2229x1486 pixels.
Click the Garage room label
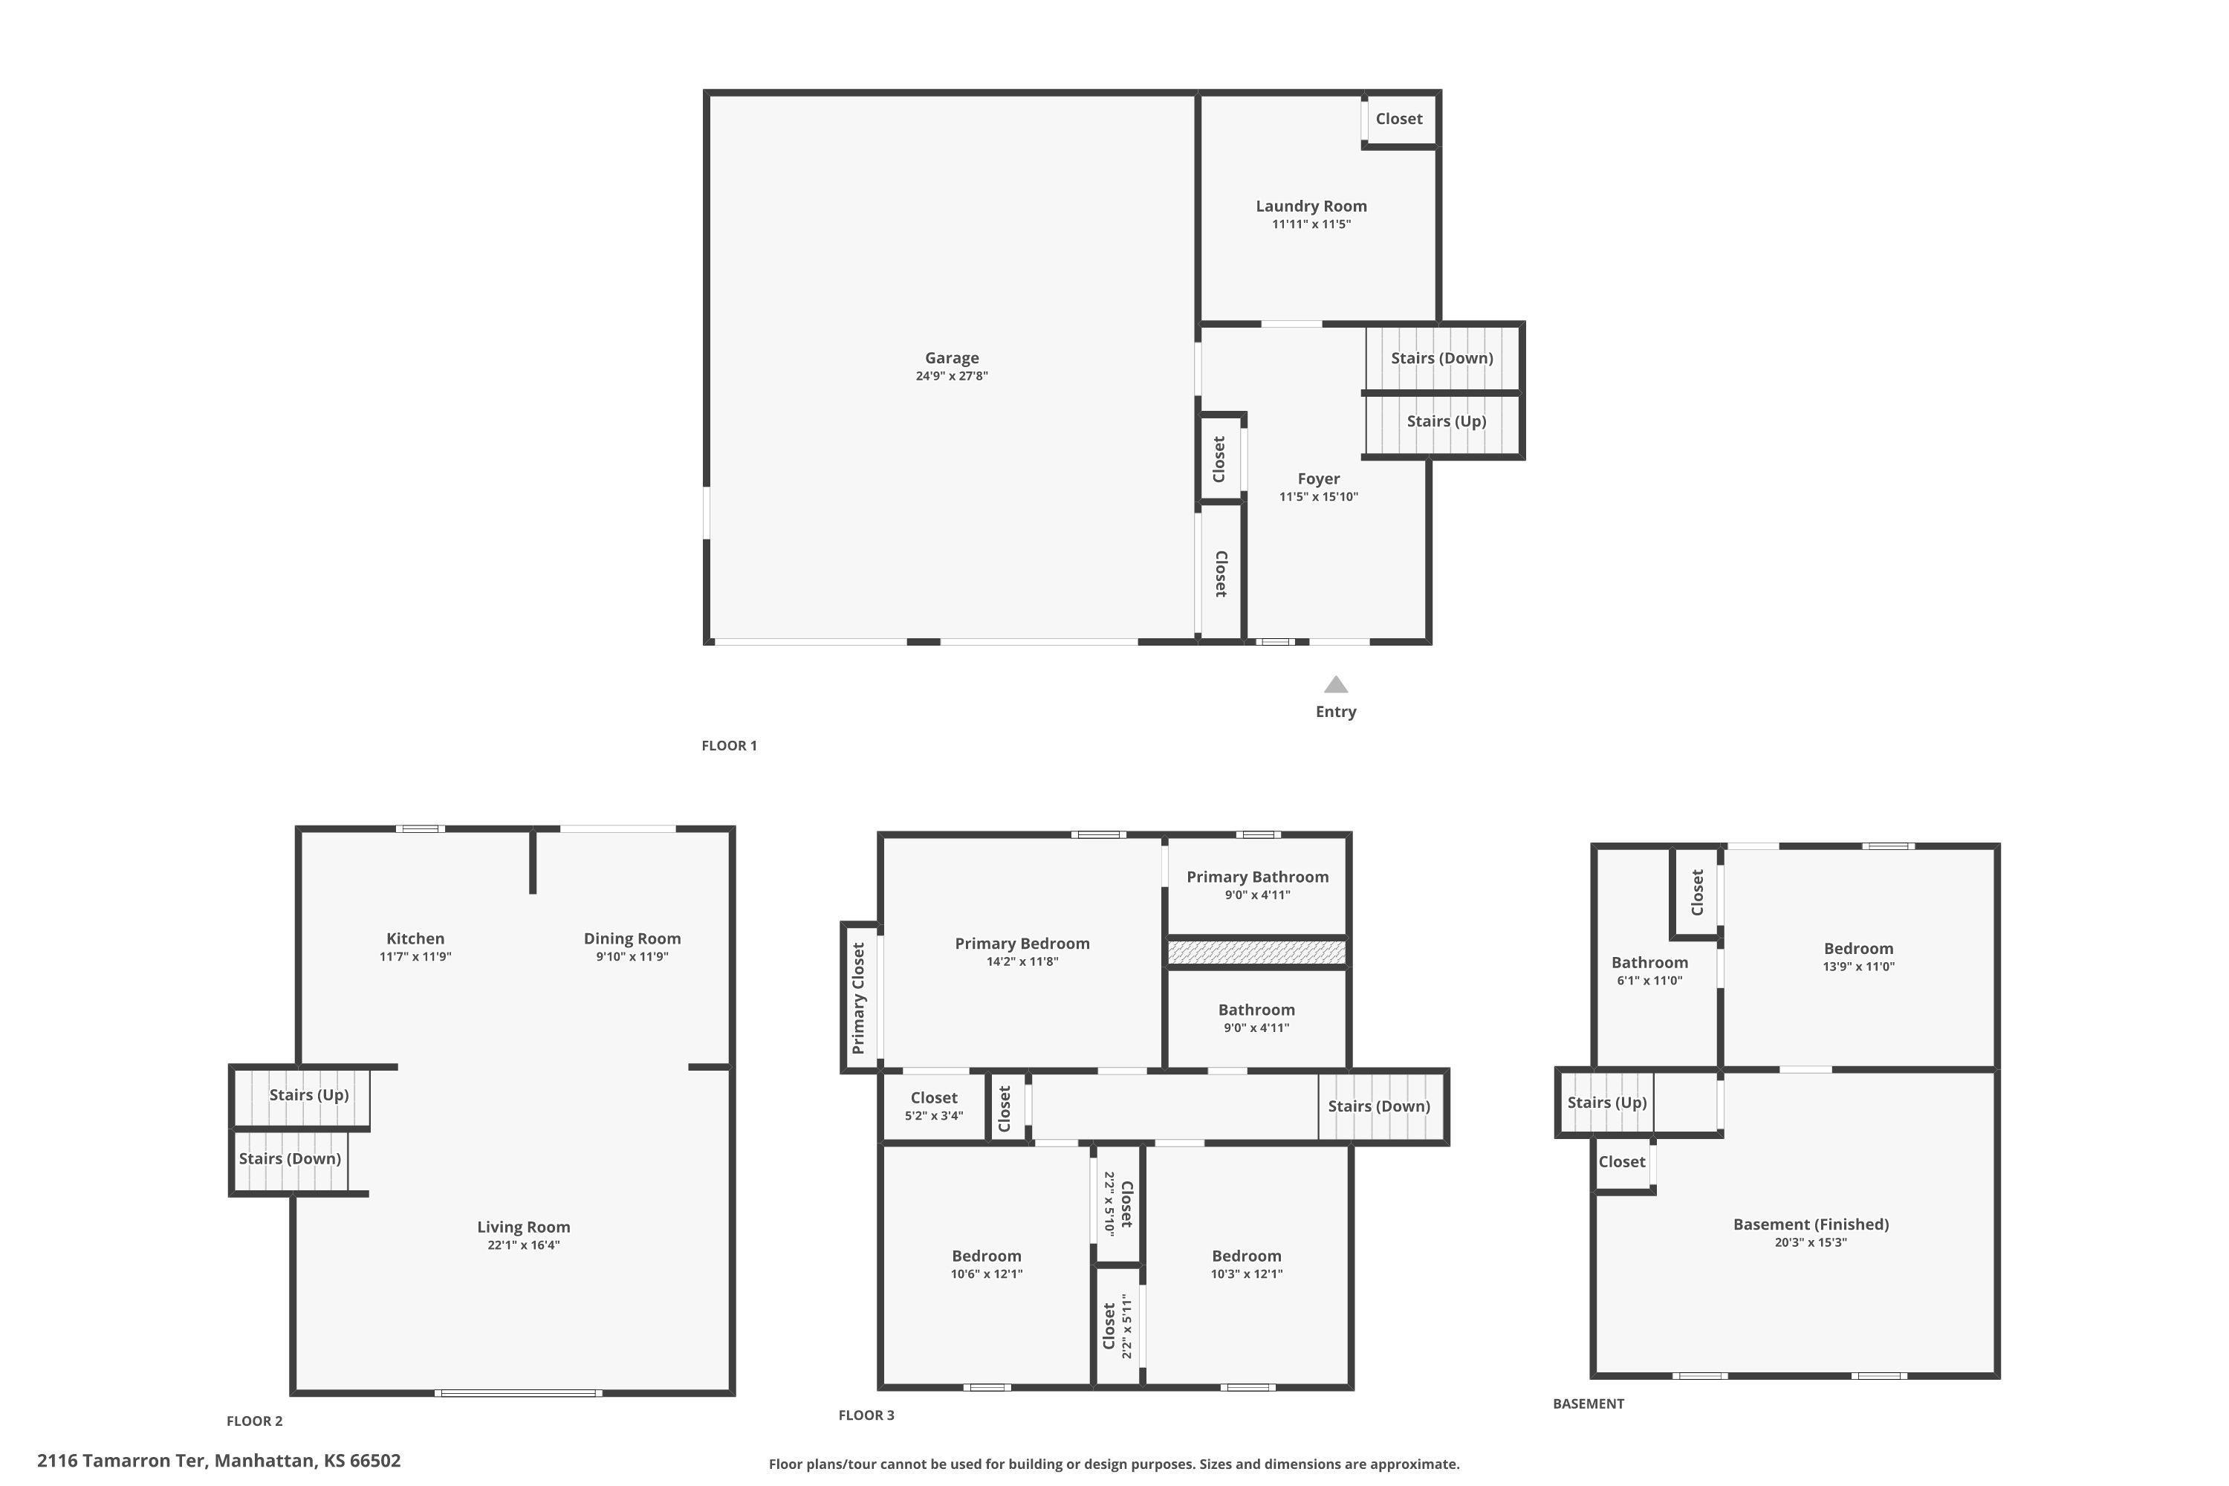952,358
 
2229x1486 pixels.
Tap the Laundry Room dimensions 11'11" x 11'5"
1311,224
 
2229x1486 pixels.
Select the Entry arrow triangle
1335,684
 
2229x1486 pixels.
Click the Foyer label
1318,479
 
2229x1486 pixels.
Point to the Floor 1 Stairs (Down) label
1441,358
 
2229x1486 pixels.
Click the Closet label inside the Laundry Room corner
1399,118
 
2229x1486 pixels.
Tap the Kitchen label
415,939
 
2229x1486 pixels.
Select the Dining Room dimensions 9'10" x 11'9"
632,957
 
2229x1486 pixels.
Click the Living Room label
523,1227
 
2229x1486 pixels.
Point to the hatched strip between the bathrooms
1256,952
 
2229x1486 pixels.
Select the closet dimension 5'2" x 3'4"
933,1115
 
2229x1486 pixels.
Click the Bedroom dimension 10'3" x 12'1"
1246,1274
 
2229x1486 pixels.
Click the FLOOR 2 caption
254,1421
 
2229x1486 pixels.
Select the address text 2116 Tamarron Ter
120,1461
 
